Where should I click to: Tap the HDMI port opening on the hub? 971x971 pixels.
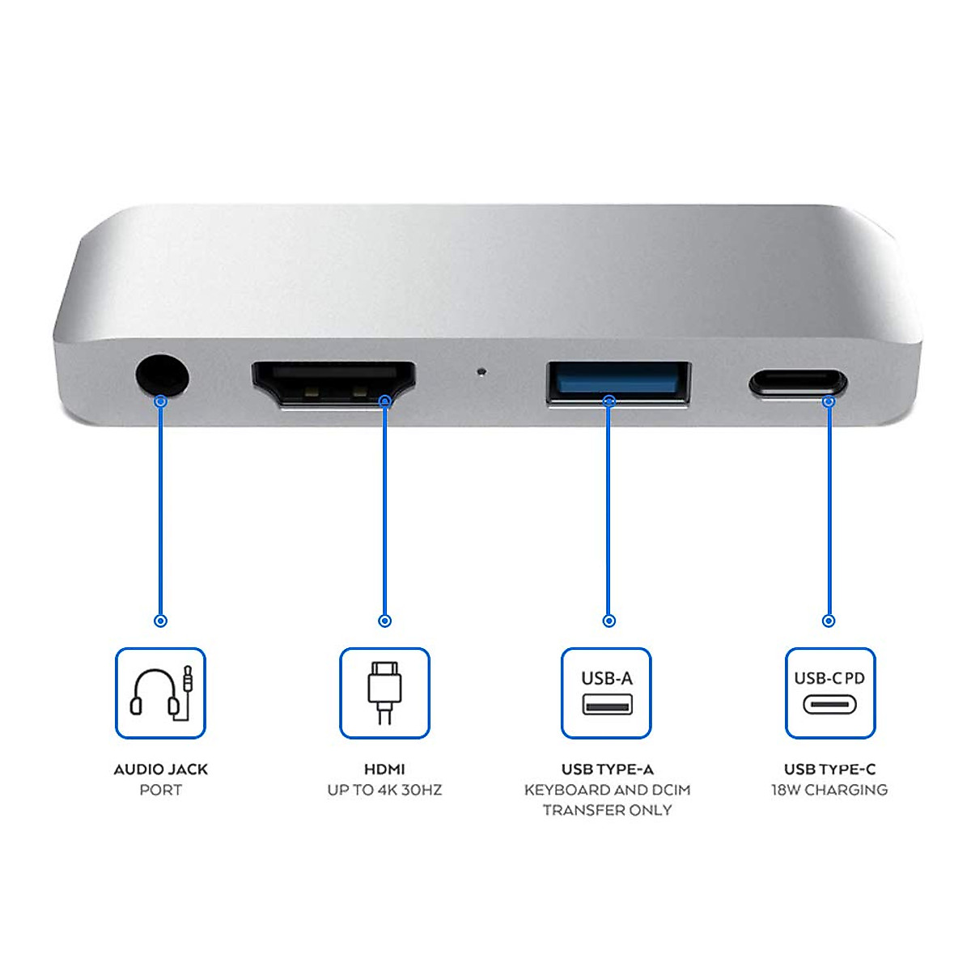click(x=333, y=383)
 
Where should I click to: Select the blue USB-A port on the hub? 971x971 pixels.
click(x=619, y=382)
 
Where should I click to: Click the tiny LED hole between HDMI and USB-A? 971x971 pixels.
click(x=482, y=373)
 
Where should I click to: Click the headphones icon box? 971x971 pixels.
click(x=160, y=693)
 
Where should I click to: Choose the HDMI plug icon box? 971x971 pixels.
click(x=384, y=693)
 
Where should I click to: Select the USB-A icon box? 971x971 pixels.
click(x=606, y=693)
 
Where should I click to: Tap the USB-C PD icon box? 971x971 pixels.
click(x=830, y=693)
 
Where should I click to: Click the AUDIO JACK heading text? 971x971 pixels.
click(x=160, y=770)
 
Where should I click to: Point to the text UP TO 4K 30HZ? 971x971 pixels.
click(x=384, y=790)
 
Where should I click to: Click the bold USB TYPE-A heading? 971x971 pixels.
click(x=607, y=770)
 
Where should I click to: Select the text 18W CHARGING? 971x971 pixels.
click(x=829, y=790)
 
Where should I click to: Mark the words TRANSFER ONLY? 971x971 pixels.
click(x=607, y=810)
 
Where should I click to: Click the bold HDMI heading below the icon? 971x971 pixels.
click(x=384, y=770)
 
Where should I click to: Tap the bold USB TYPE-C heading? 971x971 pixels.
click(x=829, y=770)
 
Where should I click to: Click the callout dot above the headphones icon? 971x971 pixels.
click(x=160, y=621)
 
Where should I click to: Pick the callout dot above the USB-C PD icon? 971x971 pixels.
click(x=829, y=621)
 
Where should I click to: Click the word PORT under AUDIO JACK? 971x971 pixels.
click(x=160, y=790)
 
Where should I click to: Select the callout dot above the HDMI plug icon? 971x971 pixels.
click(x=385, y=621)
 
